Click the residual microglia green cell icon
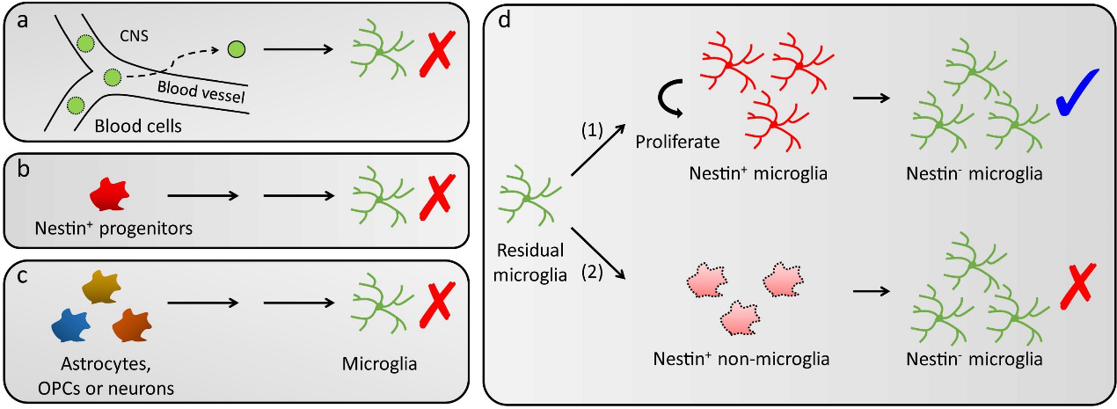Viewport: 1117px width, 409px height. click(x=524, y=199)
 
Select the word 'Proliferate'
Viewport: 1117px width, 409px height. click(x=677, y=142)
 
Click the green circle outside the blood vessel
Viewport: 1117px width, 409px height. click(x=236, y=49)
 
